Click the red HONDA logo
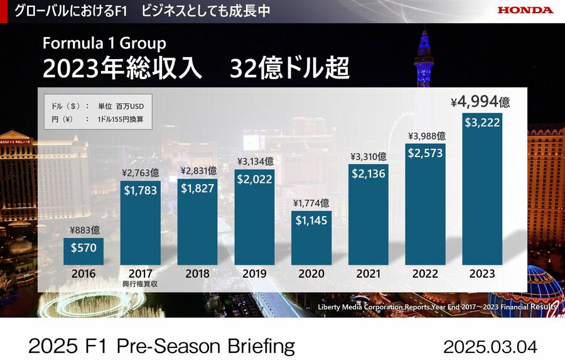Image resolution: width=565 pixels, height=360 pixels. pyautogui.click(x=525, y=10)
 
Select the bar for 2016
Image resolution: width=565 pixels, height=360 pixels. pyautogui.click(x=83, y=251)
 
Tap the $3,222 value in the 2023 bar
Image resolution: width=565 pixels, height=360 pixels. pyautogui.click(x=482, y=123)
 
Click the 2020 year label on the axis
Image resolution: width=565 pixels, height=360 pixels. pyautogui.click(x=311, y=274)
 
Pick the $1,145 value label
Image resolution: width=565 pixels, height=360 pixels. pyautogui.click(x=311, y=221)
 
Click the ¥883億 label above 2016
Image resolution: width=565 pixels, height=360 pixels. pyautogui.click(x=83, y=231)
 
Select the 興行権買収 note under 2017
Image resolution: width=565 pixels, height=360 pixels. pyautogui.click(x=140, y=284)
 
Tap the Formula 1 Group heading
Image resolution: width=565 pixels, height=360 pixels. pyautogui.click(x=104, y=43)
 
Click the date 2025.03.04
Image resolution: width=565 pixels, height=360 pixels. pyautogui.click(x=490, y=346)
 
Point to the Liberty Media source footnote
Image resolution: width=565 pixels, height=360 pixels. pyautogui.click(x=437, y=307)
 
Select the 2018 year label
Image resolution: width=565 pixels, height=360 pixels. pyautogui.click(x=197, y=274)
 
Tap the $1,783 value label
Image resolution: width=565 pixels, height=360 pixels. pyautogui.click(x=141, y=191)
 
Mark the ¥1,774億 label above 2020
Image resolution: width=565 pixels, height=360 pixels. pyautogui.click(x=311, y=203)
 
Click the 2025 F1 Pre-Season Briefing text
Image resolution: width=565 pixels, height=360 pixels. pyautogui.click(x=161, y=346)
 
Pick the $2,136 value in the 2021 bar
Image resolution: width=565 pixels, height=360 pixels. pyautogui.click(x=368, y=174)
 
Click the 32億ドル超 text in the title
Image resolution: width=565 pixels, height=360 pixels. pyautogui.click(x=289, y=68)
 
